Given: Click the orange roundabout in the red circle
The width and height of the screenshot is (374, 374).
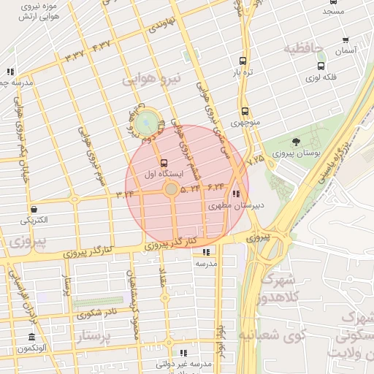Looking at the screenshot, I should click(171, 189).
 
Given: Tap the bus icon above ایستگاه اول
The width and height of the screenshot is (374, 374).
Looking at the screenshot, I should click(163, 163).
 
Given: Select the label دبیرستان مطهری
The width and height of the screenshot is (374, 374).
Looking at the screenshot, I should click(236, 207).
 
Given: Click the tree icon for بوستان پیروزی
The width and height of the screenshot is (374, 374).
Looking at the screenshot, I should click(296, 142).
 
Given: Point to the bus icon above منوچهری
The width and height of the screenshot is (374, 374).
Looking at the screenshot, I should click(245, 112).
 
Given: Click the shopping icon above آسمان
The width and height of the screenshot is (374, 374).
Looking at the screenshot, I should click(346, 40).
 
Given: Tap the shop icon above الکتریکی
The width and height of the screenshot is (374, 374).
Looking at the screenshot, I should click(34, 208).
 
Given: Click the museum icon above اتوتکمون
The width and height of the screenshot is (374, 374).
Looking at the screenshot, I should click(32, 337).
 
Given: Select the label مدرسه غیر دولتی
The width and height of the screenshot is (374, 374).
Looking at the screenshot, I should click(184, 363).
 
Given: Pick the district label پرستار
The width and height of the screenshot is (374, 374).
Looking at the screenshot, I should click(102, 337).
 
